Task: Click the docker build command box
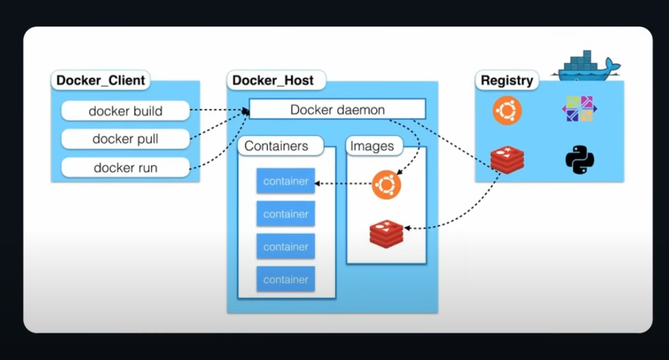126,111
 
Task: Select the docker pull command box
126,139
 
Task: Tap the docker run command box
126,167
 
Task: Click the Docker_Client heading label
101,80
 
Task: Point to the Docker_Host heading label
273,81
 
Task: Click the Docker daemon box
337,110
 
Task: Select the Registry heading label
507,81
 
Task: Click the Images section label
371,146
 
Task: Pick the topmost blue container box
286,182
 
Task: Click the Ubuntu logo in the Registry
507,110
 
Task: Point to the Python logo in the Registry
579,160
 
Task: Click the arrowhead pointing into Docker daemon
246,111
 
